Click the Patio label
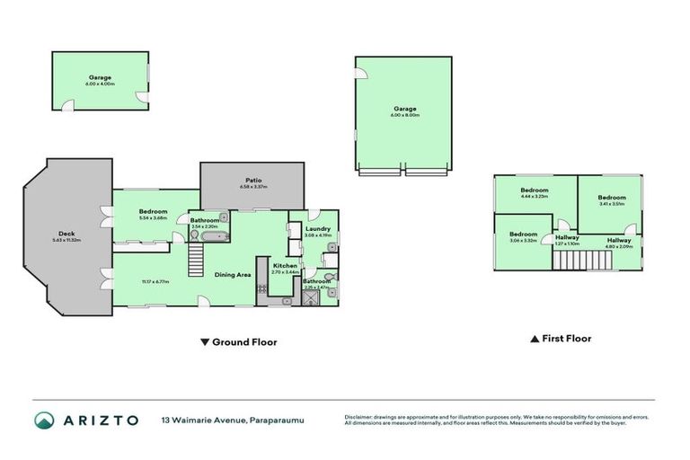252,180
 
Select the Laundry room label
318,229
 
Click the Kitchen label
285,265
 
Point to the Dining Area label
232,274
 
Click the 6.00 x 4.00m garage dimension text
100,84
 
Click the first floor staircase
582,261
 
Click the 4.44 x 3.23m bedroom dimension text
535,197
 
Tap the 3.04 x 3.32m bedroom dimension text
522,240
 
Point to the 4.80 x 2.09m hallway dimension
619,246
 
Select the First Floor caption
566,339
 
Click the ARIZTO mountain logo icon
44,420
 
